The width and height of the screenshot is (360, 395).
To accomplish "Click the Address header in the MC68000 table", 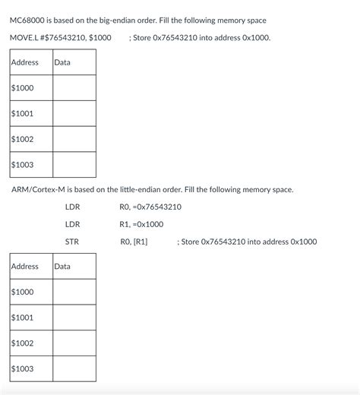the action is click(x=24, y=62).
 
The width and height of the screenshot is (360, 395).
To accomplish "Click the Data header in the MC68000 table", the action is click(x=62, y=62).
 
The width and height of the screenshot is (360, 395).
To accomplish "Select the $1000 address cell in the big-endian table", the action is click(x=22, y=88).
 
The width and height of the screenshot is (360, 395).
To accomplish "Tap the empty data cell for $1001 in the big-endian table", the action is click(x=74, y=114).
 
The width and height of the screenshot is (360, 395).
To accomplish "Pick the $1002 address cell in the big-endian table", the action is click(x=22, y=139).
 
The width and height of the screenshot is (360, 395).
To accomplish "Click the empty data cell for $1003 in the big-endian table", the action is click(x=74, y=165).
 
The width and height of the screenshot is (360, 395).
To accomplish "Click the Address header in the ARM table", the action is click(x=24, y=267).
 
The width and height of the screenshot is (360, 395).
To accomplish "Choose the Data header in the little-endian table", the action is click(x=62, y=267).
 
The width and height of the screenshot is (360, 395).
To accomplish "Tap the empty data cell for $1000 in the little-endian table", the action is click(x=74, y=292).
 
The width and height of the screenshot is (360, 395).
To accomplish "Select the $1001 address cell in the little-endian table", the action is click(x=22, y=318).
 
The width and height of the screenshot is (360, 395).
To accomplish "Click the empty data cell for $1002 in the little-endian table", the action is click(x=74, y=343).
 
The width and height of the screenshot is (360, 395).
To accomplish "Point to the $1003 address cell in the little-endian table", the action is click(x=22, y=369).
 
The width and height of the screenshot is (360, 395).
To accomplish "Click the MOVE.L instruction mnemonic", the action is click(x=24, y=37).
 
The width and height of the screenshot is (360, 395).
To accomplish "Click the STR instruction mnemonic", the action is click(x=71, y=242).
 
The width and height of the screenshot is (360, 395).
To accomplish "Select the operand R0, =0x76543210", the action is click(x=150, y=207).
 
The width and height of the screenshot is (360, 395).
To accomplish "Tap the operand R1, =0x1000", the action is click(x=141, y=224).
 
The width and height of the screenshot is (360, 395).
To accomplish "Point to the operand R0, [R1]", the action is click(x=134, y=242).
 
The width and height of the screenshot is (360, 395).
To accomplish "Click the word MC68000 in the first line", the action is click(x=27, y=20).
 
